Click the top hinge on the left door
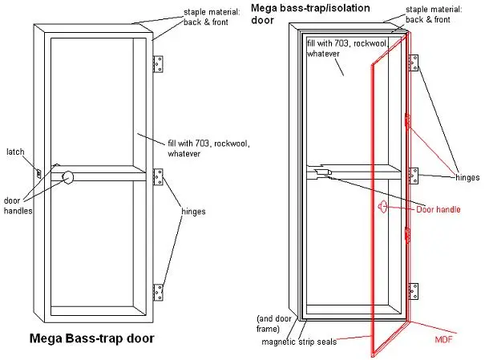[158, 64]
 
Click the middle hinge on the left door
[158, 177]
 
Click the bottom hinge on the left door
[158, 293]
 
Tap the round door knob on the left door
[67, 177]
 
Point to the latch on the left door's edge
[38, 173]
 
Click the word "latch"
[15, 152]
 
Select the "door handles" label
[18, 205]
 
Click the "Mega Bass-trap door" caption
[91, 338]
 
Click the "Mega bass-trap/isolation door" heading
[310, 14]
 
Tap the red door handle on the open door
[382, 207]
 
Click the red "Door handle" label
[438, 209]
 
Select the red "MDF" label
[443, 339]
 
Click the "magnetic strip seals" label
[299, 342]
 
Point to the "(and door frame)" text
[273, 324]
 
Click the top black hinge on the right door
[414, 63]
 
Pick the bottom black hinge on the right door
[414, 291]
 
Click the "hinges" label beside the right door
[467, 178]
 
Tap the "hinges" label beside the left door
[193, 212]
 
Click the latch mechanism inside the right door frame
[323, 172]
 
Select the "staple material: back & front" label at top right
[434, 14]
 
